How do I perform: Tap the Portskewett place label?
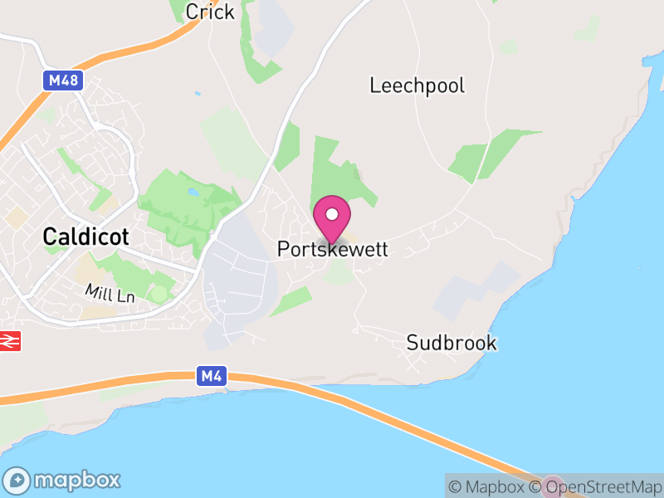(x=332, y=249)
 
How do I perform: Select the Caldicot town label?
(x=86, y=237)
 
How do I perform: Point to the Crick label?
(x=210, y=12)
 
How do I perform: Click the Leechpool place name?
(x=417, y=85)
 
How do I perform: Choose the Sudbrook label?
(x=452, y=343)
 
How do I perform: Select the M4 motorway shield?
(x=211, y=376)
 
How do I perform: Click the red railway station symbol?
(x=10, y=340)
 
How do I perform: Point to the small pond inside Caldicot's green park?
(x=193, y=193)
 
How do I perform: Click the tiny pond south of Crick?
(x=197, y=93)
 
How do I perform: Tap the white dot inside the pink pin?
(x=332, y=214)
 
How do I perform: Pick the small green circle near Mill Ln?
(x=159, y=294)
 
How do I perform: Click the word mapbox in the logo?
(x=76, y=481)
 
